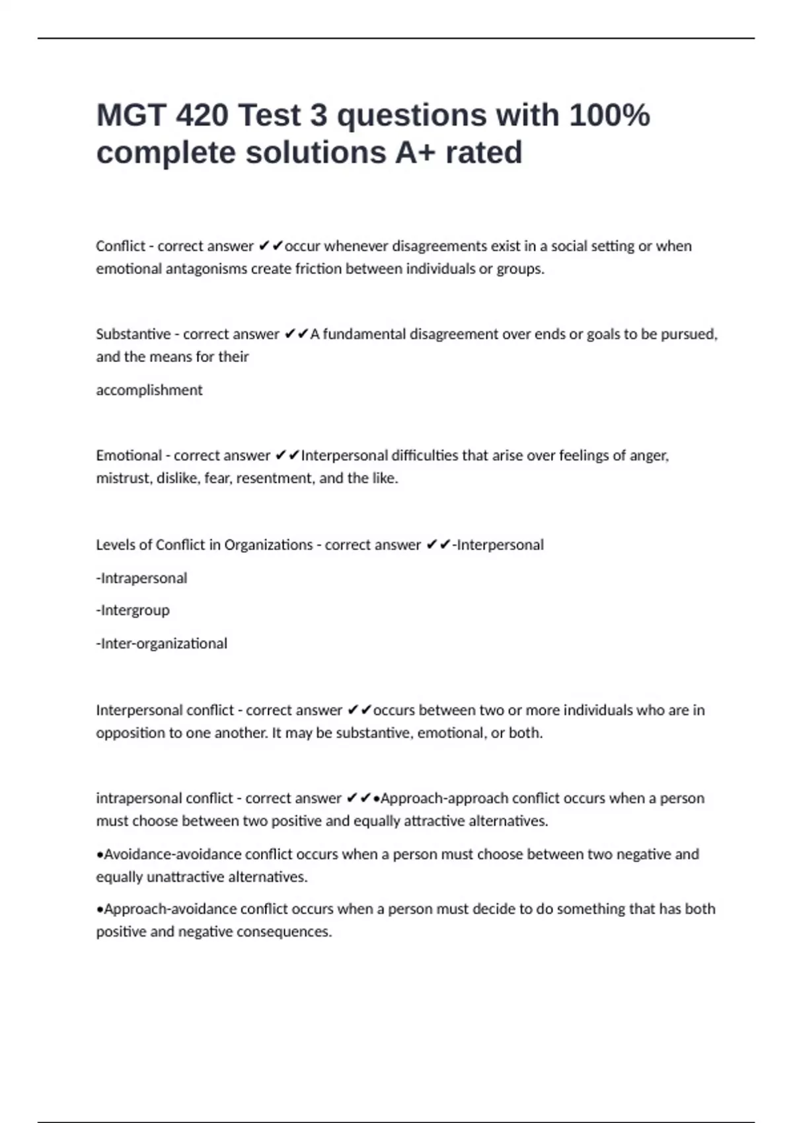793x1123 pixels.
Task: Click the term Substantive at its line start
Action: point(133,334)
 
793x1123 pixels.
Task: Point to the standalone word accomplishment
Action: point(149,390)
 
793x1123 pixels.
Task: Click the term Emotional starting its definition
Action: point(129,456)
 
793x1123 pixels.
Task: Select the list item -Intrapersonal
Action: point(142,579)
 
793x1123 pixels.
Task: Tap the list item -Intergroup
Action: point(133,610)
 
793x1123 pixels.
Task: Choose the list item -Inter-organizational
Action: point(162,643)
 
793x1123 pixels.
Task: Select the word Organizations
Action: point(268,545)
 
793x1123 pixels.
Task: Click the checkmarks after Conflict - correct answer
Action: point(270,246)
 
